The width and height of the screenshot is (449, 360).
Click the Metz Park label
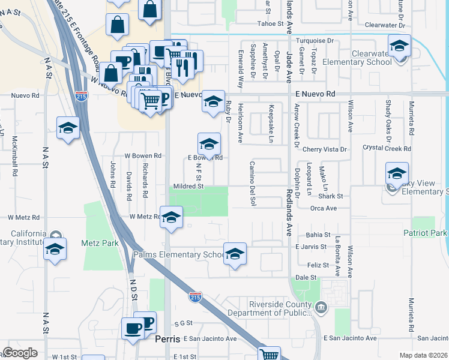[96, 244]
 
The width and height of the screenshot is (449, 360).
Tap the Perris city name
[167, 339]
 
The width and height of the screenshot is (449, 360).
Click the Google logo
[20, 353]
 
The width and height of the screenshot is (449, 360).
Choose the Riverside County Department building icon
[322, 308]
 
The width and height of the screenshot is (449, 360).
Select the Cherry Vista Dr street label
[325, 149]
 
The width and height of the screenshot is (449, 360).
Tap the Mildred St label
[188, 187]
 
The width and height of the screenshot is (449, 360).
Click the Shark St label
[330, 196]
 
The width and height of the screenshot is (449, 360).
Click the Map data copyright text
[424, 355]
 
